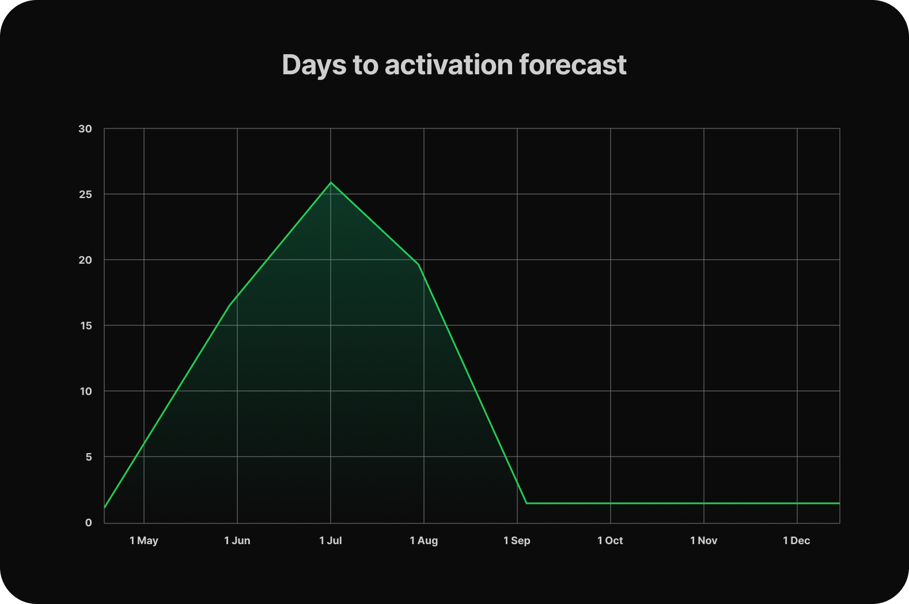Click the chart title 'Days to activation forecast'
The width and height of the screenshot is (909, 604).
(x=454, y=65)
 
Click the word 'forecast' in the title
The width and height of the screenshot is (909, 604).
(x=573, y=64)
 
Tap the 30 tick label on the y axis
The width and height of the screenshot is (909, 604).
(x=85, y=128)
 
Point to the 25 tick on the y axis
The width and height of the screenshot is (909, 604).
(x=85, y=194)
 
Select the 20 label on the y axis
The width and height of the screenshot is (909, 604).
(x=85, y=260)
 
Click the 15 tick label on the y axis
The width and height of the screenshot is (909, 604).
(x=86, y=326)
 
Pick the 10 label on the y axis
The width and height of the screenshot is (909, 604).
(x=86, y=392)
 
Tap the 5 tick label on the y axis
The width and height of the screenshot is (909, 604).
(x=89, y=457)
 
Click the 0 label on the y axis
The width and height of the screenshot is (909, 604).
(x=89, y=523)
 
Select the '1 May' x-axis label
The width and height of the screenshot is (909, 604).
(x=143, y=541)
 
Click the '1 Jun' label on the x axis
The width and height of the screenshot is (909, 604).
(x=237, y=541)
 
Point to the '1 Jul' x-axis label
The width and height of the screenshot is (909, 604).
(x=330, y=541)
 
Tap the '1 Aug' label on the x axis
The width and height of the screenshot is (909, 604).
(x=423, y=541)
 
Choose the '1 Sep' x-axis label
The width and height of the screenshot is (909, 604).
(x=517, y=541)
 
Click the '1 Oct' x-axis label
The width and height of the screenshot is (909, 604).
(x=610, y=541)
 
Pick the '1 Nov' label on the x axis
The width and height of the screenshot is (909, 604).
(x=704, y=541)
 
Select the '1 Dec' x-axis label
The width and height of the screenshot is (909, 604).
(x=796, y=541)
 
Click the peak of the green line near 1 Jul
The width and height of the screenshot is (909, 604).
(x=331, y=183)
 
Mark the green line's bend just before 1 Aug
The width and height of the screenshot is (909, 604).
(x=418, y=264)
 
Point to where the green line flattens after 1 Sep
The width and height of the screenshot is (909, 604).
(x=527, y=503)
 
